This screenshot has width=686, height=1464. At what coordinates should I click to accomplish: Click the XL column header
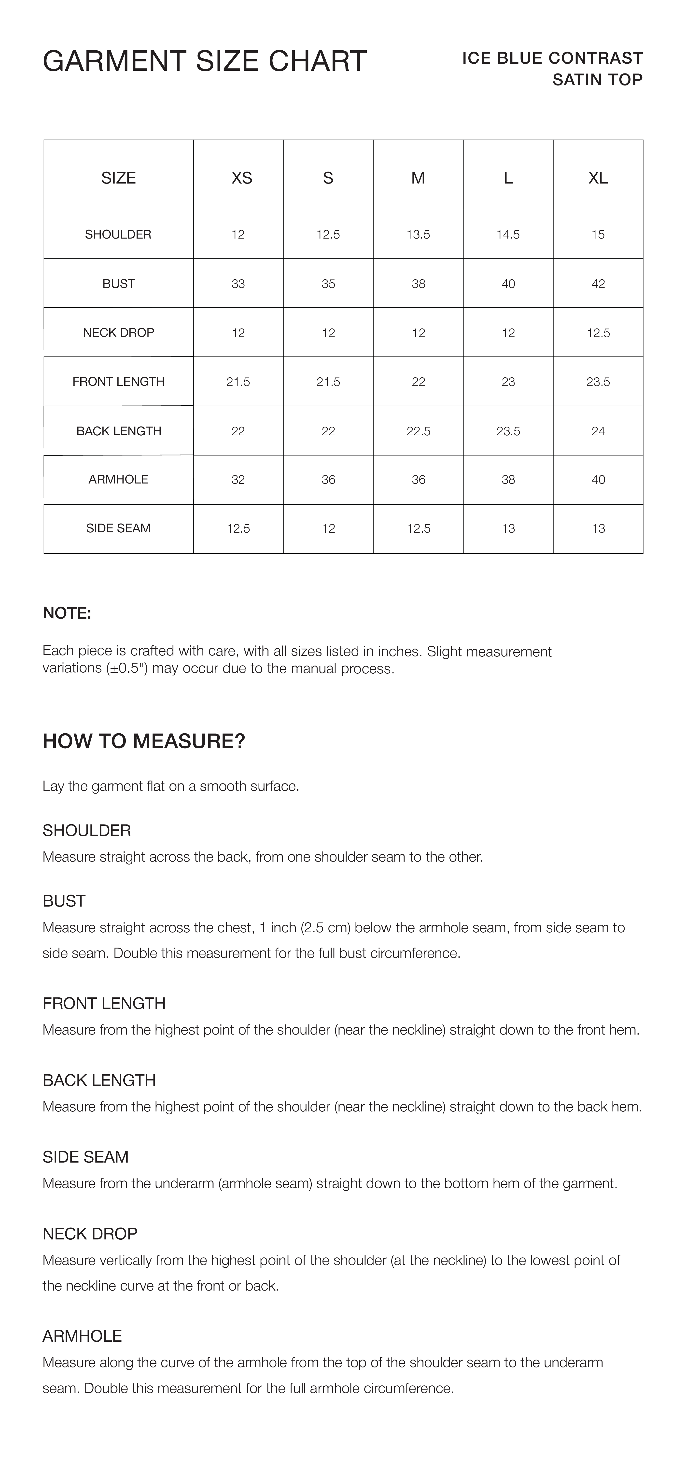598,178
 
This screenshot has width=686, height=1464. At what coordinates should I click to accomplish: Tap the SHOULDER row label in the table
118,234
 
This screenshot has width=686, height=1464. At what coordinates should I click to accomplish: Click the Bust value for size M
418,284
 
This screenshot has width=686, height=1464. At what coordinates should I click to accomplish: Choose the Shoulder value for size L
508,234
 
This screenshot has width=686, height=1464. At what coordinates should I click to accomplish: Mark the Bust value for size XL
598,284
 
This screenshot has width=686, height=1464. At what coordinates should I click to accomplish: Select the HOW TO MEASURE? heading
144,741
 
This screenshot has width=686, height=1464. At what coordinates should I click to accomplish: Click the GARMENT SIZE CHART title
205,61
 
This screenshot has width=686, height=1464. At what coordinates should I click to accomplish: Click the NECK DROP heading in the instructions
90,1233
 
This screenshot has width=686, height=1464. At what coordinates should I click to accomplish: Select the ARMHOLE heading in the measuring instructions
83,1336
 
